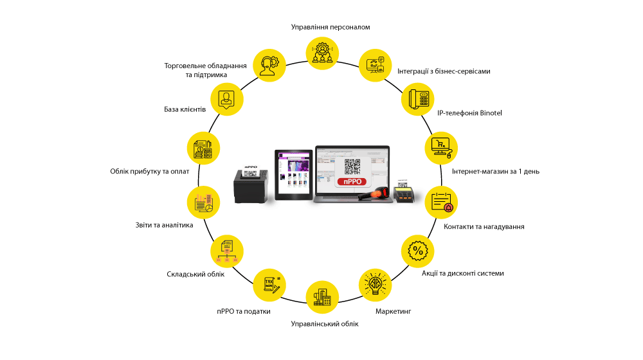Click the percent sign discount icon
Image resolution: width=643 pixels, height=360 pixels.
pos(418,249)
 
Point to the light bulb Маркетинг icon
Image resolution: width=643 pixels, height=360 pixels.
pos(375,283)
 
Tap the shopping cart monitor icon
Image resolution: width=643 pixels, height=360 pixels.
pos(442,148)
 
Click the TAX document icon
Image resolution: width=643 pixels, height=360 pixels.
pos(269,283)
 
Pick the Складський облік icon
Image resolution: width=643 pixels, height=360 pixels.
pos(227,249)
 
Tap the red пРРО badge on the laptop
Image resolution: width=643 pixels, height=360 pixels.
pos(351,182)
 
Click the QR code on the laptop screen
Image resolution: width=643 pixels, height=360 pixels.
pos(352,166)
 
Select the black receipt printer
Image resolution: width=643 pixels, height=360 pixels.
pos(251,184)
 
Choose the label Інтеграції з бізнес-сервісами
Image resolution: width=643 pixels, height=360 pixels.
pos(444,71)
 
